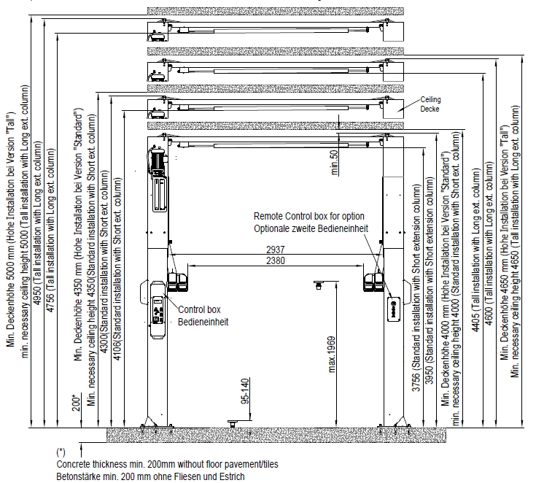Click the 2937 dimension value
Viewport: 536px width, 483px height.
click(x=276, y=249)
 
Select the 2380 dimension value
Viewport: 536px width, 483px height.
click(x=276, y=260)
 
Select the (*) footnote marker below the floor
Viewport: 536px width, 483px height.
click(x=61, y=452)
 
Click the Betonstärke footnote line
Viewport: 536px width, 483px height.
click(x=150, y=476)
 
